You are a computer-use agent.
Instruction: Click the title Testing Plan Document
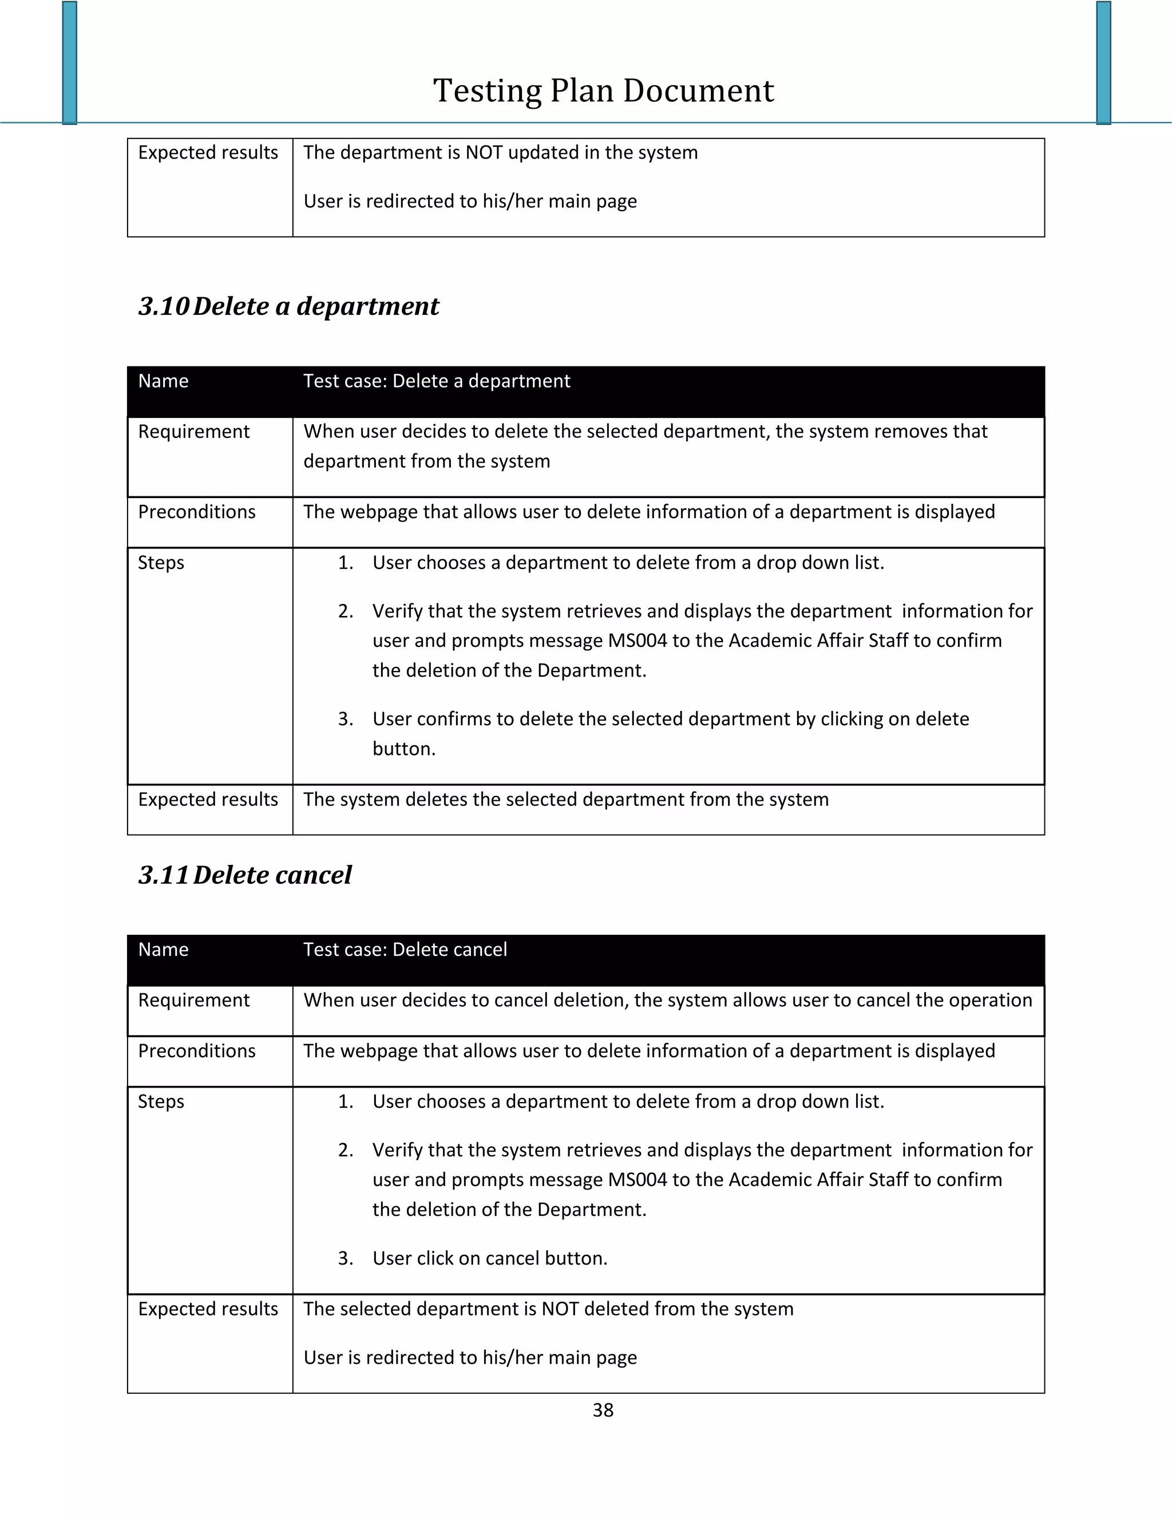(x=603, y=91)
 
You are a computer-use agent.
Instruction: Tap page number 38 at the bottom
(x=603, y=1410)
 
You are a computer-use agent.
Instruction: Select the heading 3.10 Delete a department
(x=289, y=306)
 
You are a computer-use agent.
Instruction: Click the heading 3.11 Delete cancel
(x=245, y=875)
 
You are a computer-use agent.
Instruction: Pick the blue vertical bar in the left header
(x=69, y=62)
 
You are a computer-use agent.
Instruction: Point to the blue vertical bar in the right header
(x=1104, y=62)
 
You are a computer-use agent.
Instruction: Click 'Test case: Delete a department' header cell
(x=436, y=381)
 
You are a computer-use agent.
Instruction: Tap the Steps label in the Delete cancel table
(x=161, y=1101)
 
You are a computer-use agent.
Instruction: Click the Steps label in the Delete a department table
(x=161, y=563)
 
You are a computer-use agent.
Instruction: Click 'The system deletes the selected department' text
(x=566, y=800)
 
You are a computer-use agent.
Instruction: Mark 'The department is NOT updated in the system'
(x=500, y=153)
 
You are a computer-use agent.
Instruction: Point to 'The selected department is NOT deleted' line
(x=548, y=1309)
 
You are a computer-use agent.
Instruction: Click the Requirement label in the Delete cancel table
(x=194, y=1000)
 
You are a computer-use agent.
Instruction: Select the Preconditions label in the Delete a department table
(x=196, y=512)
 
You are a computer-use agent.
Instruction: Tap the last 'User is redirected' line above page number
(x=470, y=1358)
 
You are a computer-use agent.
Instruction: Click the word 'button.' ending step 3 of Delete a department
(x=404, y=749)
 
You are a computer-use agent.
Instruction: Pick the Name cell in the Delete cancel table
(x=163, y=950)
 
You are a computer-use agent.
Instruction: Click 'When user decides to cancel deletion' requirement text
(x=667, y=1000)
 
